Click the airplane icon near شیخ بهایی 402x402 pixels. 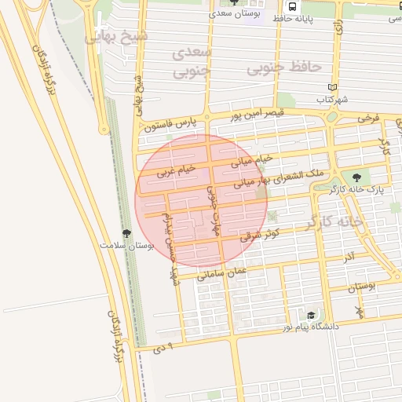tap(97, 35)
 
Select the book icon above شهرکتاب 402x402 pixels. tap(332, 87)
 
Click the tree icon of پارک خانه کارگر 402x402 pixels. tap(357, 177)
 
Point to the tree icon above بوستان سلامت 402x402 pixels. tap(126, 233)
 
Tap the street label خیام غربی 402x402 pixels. tap(174, 169)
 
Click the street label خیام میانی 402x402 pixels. tap(252, 160)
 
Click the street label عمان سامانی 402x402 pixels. tap(222, 272)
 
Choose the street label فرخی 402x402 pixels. tap(367, 119)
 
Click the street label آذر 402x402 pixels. tap(349, 257)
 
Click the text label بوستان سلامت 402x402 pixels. tap(126, 245)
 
